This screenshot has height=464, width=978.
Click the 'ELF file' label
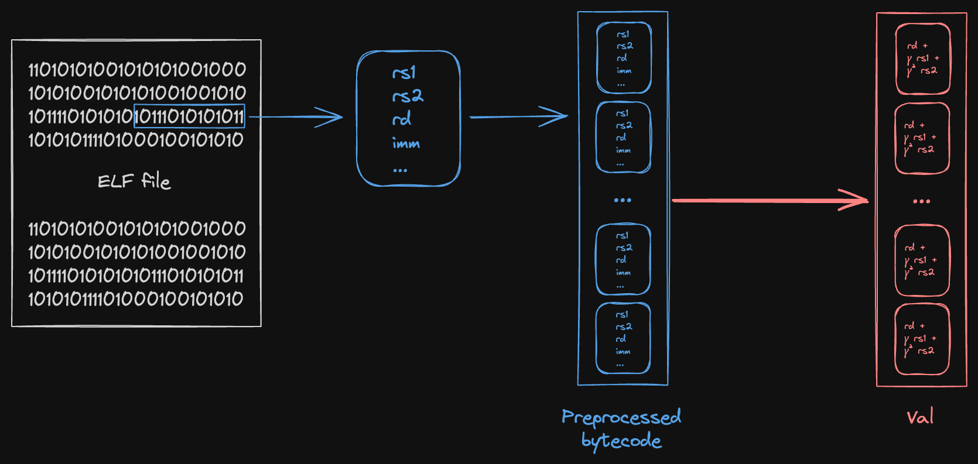point(134,181)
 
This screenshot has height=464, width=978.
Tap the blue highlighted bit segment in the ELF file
point(189,116)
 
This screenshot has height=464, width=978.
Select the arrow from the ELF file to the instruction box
point(296,117)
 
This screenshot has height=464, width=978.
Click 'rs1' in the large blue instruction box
point(404,73)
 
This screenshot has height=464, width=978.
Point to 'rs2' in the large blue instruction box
point(408,95)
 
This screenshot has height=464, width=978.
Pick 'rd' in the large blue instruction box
point(402,119)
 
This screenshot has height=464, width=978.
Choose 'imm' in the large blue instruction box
point(406,143)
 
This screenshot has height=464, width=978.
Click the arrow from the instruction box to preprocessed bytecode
point(518,117)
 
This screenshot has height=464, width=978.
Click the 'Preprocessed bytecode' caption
point(621,428)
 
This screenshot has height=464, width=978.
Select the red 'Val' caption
point(920,417)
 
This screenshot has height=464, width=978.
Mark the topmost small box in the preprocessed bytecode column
point(624,57)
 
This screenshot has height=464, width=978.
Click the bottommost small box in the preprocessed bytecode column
point(623,338)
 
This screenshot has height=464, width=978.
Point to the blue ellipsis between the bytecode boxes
point(623,200)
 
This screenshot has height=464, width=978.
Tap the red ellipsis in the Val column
point(921,201)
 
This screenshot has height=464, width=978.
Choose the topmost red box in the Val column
point(922,59)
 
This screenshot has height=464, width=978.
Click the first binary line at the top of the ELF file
point(137,70)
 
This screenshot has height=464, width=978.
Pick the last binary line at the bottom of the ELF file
point(136,299)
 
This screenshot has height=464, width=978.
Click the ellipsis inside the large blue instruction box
point(400,170)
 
